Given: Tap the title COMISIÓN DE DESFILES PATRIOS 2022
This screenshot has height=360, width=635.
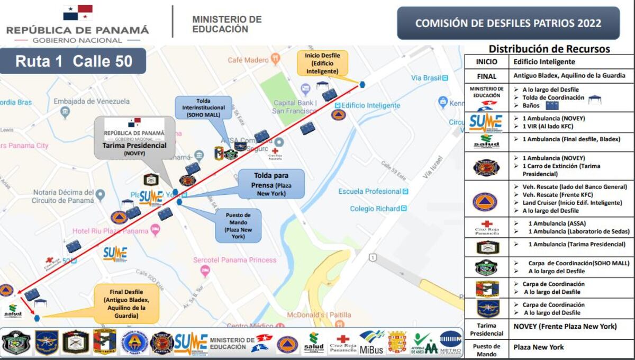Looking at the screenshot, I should pos(508,23).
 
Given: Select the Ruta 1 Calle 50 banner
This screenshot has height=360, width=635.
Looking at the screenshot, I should pos(73,61).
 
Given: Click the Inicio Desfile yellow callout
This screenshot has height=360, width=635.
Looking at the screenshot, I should pos(322,63).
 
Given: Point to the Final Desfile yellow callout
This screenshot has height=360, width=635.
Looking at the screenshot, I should pos(127,304).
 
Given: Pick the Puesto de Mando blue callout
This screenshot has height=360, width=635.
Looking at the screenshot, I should pos(238,226).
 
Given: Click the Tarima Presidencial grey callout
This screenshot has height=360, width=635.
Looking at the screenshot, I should pos(134,138).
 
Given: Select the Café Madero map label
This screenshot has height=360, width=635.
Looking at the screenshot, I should pos(248,60).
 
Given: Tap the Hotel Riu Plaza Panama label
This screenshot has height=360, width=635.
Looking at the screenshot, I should pos(110,231).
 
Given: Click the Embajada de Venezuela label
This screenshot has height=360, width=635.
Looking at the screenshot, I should pos(92,101).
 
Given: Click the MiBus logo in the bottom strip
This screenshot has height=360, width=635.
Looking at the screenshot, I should pos(371,343).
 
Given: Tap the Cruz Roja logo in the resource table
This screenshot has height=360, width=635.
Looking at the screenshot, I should pos(486,227).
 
